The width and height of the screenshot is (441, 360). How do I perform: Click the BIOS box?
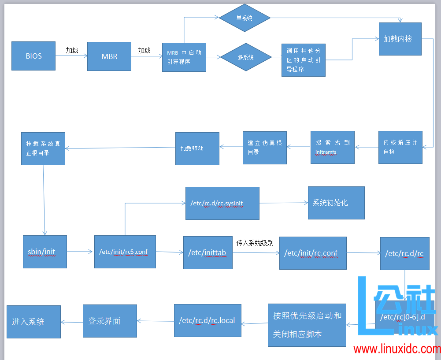pos(33,56)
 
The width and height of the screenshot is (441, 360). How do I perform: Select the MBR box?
pos(109,56)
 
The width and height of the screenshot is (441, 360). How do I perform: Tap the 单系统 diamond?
pos(245,18)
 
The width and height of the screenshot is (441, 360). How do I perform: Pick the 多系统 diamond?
pos(245,57)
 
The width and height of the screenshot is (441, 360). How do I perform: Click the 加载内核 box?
pos(400,39)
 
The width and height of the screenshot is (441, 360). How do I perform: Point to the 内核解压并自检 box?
pos(400,147)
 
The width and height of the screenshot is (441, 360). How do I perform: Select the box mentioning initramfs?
pos(332,147)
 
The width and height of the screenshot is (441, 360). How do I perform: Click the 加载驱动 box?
pos(197,148)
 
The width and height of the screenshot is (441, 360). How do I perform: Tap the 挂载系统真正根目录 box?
pos(43,148)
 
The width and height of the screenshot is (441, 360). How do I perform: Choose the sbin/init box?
pos(45,252)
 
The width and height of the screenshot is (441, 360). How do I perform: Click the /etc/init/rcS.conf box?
pos(125,252)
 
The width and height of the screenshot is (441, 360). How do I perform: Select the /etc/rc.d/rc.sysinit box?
pos(222,203)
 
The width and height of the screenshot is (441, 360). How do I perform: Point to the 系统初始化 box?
pos(336,203)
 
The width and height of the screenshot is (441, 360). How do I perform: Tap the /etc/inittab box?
pos(208,252)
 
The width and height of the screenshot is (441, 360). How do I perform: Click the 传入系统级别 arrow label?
pos(255,243)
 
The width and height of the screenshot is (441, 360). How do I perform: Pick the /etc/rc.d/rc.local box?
pos(208,320)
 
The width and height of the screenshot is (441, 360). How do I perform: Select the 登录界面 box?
pos(110,321)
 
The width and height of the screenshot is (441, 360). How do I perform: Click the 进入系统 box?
pos(33,322)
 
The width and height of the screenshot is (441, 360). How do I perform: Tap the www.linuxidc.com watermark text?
pos(397,349)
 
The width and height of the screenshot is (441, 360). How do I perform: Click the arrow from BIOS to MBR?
pos(71,56)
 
